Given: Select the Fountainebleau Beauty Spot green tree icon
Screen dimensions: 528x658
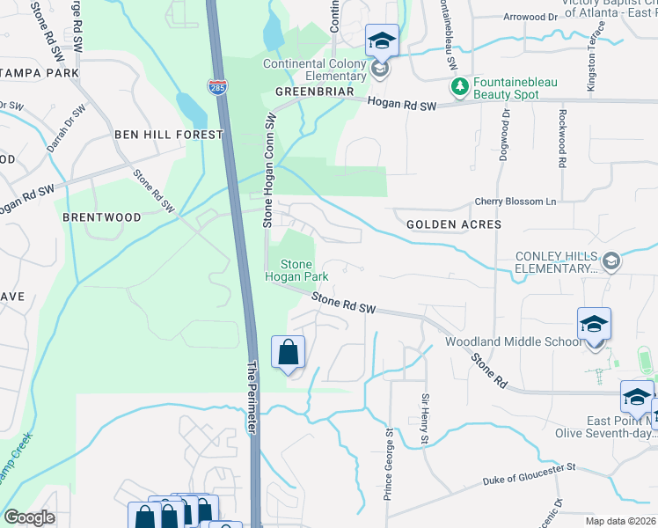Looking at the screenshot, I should click(458, 86).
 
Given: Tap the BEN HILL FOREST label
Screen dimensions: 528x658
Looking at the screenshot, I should click(169, 135).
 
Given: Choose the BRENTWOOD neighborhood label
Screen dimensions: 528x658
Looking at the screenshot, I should click(102, 216).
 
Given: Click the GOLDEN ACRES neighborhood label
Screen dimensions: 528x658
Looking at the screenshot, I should click(454, 224).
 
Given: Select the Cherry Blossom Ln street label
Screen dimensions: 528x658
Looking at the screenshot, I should click(516, 202).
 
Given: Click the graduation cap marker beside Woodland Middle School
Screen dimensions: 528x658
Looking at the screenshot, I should click(594, 324).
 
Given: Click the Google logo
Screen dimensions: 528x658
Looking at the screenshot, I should click(30, 517).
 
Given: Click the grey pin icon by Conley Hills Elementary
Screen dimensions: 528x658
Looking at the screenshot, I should click(610, 260).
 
